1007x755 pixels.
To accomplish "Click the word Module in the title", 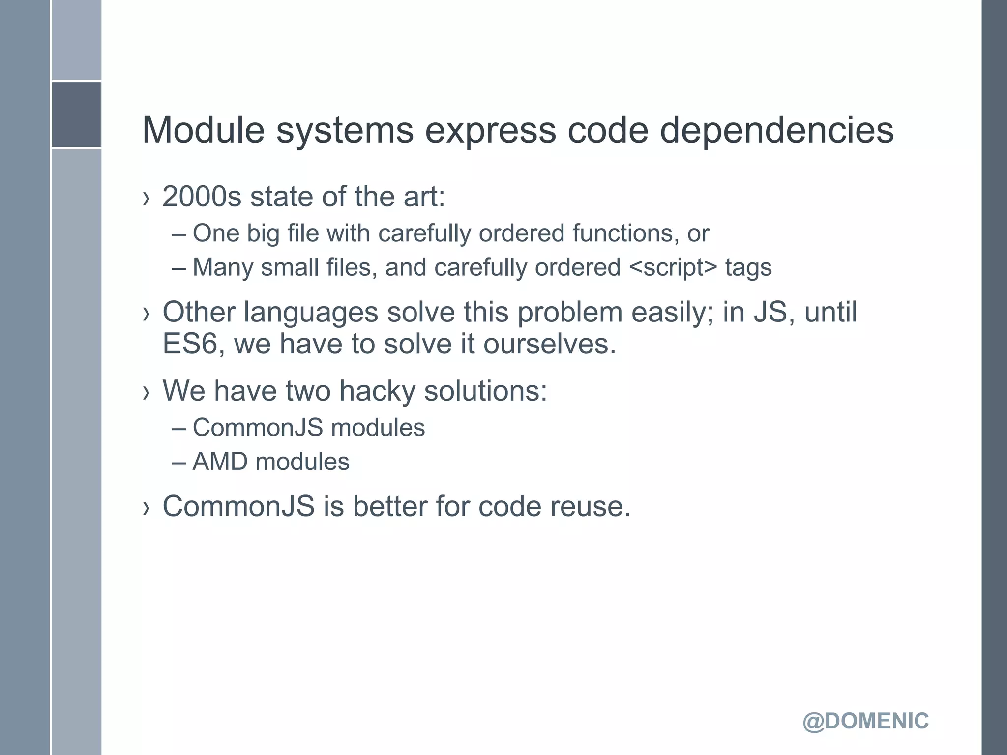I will click(x=204, y=130).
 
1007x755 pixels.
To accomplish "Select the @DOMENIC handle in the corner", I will click(x=865, y=721).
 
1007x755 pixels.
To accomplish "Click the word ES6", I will click(x=190, y=344).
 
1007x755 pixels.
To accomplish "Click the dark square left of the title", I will click(x=76, y=115).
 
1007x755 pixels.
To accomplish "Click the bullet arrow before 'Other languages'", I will click(x=146, y=314).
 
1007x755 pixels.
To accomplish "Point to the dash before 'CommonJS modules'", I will click(x=179, y=428).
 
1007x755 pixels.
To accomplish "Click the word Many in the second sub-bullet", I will click(x=223, y=268).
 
